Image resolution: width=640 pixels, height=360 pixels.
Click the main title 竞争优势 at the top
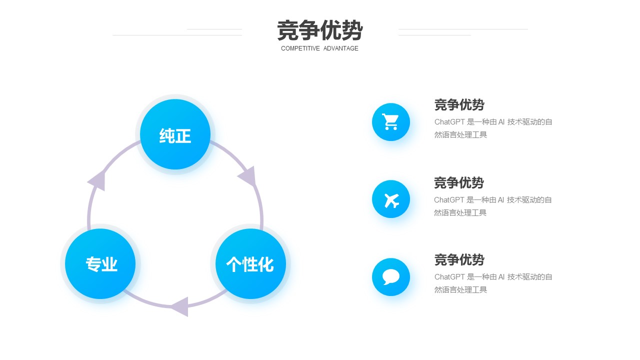319,30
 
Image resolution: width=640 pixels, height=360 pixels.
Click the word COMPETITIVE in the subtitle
300,48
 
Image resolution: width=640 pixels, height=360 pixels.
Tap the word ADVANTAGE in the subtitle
341,48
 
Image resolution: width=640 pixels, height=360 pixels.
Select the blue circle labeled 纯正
175,134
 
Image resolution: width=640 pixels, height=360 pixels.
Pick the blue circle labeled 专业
100,263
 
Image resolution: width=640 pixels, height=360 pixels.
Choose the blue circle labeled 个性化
250,263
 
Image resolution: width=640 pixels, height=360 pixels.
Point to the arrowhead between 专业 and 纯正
97,180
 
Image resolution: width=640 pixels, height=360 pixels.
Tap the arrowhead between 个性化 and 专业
179,307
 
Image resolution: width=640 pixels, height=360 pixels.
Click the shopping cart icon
390,121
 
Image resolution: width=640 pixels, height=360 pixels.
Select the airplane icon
391,200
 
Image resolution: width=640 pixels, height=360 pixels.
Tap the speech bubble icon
390,277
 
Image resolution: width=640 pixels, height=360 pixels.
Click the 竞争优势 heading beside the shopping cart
459,105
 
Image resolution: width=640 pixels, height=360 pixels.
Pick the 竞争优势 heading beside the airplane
459,183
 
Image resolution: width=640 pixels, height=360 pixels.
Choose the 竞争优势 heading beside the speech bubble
459,260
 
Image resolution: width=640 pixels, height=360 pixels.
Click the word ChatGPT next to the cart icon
449,122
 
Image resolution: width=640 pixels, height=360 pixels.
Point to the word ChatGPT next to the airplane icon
449,200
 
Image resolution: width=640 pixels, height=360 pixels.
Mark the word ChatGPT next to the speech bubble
449,277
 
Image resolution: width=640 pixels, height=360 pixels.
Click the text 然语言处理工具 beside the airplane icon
460,213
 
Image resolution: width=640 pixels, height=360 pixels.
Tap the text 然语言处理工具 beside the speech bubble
460,290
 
